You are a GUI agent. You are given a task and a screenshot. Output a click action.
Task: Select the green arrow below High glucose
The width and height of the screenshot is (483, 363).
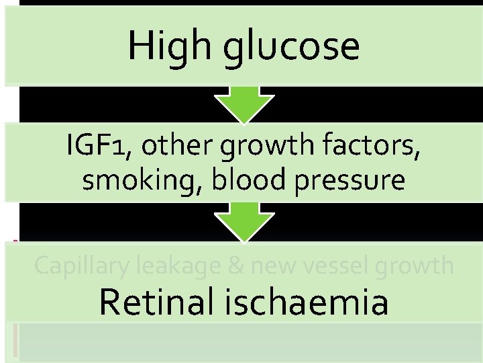(x=244, y=104)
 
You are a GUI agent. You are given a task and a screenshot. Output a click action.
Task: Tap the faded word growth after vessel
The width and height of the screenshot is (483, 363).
(x=417, y=267)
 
